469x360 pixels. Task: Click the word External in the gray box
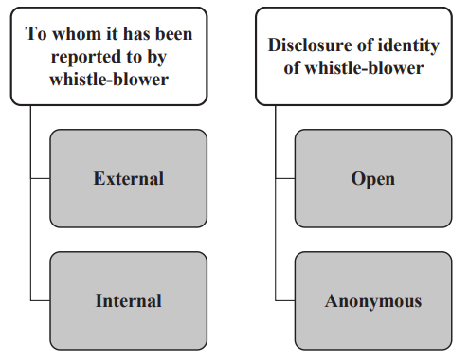pos(128,178)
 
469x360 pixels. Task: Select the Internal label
pos(128,301)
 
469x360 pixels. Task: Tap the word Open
pos(372,178)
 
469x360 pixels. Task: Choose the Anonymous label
pos(372,301)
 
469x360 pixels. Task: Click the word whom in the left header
pos(70,34)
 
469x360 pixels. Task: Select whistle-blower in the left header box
pos(108,80)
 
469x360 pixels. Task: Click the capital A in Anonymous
pos(332,301)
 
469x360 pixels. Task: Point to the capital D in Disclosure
pos(274,45)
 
